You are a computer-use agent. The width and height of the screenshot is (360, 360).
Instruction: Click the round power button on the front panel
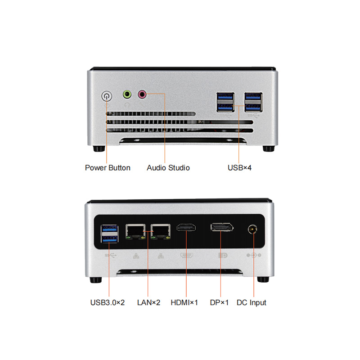click(x=107, y=96)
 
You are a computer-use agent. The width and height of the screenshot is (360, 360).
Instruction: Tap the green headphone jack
click(x=127, y=94)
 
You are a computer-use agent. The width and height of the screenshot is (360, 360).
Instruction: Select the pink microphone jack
click(x=142, y=94)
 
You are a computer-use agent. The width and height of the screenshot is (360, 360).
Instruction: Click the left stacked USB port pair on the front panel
click(x=225, y=102)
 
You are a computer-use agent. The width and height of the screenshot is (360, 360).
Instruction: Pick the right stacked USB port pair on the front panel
click(x=253, y=102)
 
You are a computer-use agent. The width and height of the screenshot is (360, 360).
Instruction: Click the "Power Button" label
click(x=108, y=168)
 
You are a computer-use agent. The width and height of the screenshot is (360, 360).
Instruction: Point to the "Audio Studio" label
click(x=168, y=168)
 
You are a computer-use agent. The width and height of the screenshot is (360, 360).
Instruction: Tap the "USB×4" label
click(x=239, y=168)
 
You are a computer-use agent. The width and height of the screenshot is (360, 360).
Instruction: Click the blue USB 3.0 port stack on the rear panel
click(x=109, y=234)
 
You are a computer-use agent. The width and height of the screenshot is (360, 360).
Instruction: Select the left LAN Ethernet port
click(x=135, y=231)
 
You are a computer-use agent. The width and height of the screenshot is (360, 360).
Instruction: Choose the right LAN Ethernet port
click(x=161, y=231)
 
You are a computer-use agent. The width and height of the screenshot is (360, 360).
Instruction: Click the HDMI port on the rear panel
click(x=186, y=228)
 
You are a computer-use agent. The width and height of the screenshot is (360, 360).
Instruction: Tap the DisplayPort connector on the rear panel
click(x=222, y=227)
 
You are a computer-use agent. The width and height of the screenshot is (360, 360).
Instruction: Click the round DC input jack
click(x=252, y=229)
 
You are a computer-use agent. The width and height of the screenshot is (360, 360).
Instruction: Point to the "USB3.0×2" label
click(x=108, y=302)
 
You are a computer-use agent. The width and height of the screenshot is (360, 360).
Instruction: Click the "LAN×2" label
click(x=148, y=302)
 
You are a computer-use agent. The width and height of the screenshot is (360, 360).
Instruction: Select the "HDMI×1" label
click(x=184, y=302)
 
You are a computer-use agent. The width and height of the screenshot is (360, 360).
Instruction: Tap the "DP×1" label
click(x=219, y=302)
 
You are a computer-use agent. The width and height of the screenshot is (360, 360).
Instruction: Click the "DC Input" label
click(x=252, y=303)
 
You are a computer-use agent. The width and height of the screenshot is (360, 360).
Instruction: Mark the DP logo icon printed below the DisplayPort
click(x=223, y=255)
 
